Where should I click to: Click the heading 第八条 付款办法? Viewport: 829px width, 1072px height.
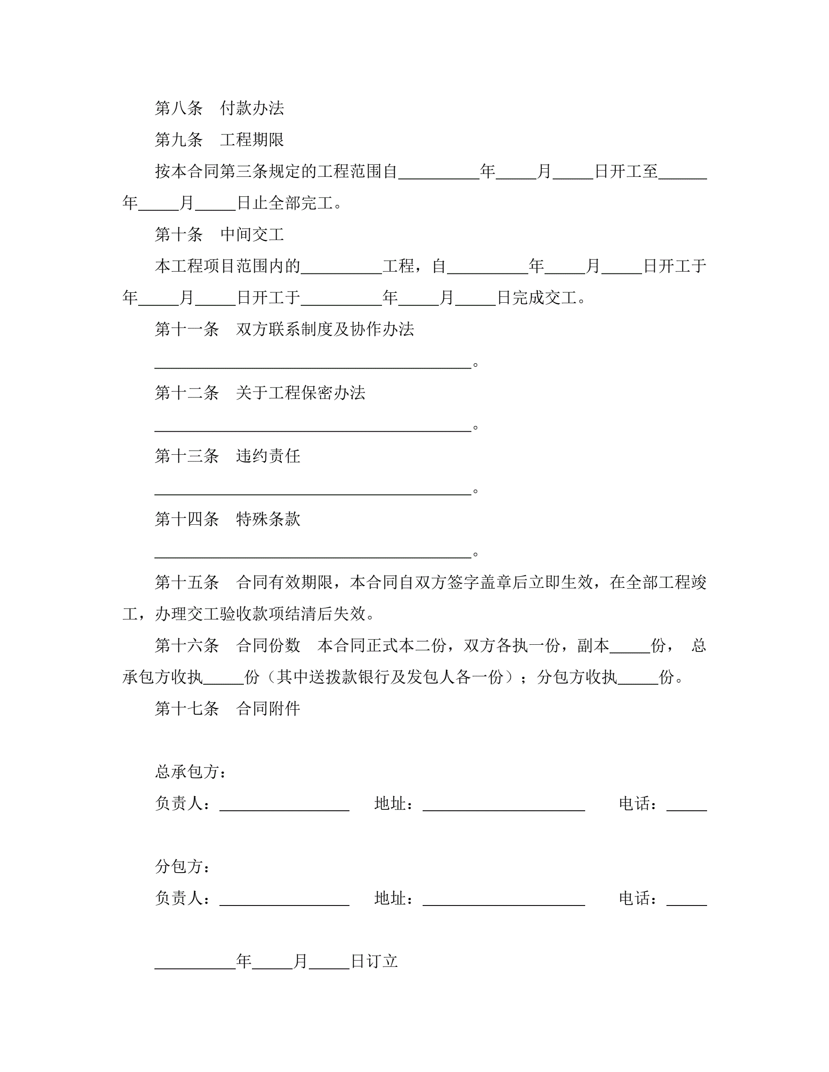pyautogui.click(x=219, y=108)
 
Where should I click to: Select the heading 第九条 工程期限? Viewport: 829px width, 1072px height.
pyautogui.click(x=219, y=140)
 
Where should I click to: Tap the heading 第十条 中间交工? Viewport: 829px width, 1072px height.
pyautogui.click(x=219, y=235)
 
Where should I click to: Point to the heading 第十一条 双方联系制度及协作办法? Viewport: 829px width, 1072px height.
pyautogui.click(x=284, y=329)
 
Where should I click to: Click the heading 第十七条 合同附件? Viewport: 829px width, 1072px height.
pyautogui.click(x=228, y=708)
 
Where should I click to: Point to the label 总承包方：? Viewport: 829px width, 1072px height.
pyautogui.click(x=191, y=772)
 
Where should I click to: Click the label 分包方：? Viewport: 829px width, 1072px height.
pyautogui.click(x=183, y=866)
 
